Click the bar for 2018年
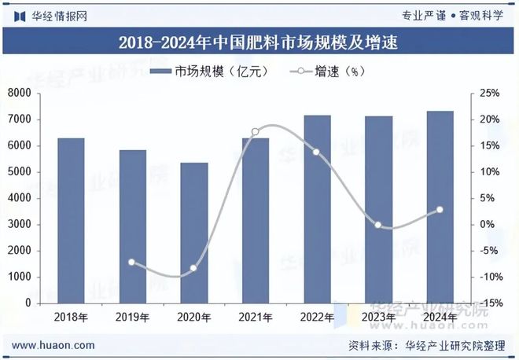[71, 220]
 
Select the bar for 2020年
[193, 233]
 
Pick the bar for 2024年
[439, 207]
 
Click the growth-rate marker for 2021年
[255, 132]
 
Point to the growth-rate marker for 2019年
[132, 262]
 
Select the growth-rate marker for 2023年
[377, 225]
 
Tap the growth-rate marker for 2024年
[439, 209]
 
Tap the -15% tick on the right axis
[489, 303]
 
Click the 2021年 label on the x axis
[255, 318]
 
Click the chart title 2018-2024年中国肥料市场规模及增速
[259, 42]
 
